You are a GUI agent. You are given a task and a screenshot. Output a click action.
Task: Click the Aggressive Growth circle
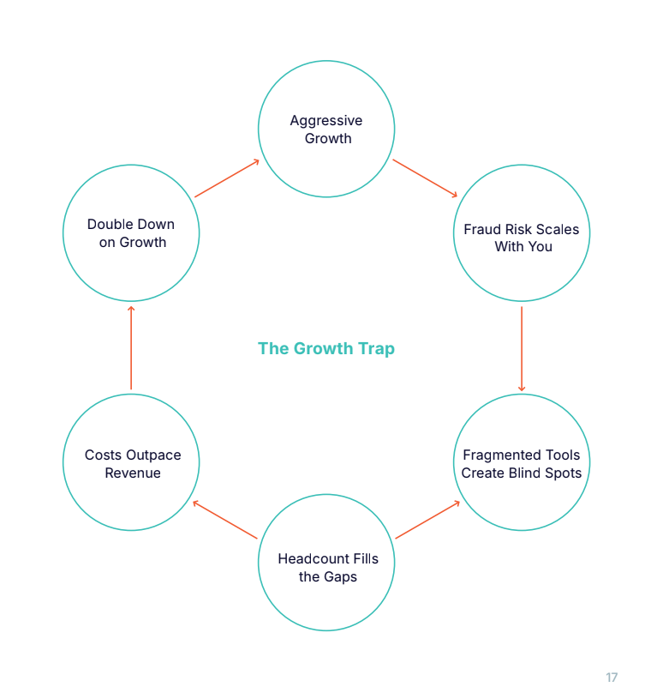pyautogui.click(x=326, y=130)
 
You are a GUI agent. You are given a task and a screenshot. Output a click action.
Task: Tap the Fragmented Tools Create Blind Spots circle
pyautogui.click(x=522, y=463)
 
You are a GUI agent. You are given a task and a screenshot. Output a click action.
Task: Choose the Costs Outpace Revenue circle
pyautogui.click(x=131, y=463)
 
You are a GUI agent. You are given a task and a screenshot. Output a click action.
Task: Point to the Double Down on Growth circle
pyautogui.click(x=131, y=233)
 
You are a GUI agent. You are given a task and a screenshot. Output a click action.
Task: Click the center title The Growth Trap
pyautogui.click(x=326, y=348)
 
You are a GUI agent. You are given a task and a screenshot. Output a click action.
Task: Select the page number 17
pyautogui.click(x=612, y=678)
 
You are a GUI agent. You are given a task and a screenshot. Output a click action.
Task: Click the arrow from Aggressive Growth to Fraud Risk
pyautogui.click(x=425, y=178)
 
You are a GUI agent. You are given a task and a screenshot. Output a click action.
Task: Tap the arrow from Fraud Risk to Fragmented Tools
pyautogui.click(x=522, y=348)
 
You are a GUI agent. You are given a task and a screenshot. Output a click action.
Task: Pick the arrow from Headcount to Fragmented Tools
pyautogui.click(x=427, y=520)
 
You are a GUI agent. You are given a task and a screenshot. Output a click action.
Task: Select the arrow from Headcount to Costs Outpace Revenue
pyautogui.click(x=225, y=520)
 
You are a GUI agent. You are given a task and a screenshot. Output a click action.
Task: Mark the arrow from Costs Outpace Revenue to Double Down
pyautogui.click(x=131, y=348)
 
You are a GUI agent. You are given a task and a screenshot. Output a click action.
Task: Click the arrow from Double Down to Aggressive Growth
pyautogui.click(x=227, y=178)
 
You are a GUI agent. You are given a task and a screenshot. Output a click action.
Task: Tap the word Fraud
pyautogui.click(x=481, y=229)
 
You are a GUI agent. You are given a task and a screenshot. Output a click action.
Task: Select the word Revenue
pyautogui.click(x=133, y=473)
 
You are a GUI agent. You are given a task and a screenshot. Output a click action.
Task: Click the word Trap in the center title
pyautogui.click(x=377, y=348)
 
